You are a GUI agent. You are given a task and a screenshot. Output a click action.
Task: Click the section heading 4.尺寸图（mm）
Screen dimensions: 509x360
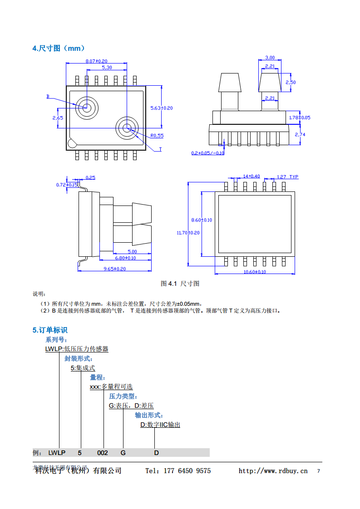59,49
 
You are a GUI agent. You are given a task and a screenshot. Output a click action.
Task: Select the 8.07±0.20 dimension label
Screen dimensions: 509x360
96,61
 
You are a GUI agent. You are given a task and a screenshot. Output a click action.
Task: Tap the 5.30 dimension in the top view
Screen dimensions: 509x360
107,67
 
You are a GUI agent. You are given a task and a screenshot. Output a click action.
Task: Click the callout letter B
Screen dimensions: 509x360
48,97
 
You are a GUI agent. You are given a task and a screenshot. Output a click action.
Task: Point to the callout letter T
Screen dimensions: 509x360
160,149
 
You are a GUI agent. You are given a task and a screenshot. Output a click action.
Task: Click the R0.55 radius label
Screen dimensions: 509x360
157,135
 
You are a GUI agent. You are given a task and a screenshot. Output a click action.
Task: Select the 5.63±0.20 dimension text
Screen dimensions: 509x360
162,108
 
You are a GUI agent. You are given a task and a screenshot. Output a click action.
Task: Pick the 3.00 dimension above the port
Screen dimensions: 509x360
270,58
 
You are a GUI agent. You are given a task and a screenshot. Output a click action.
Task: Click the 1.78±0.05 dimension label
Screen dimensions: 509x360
300,117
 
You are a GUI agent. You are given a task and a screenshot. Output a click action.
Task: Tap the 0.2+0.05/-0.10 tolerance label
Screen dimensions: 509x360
207,153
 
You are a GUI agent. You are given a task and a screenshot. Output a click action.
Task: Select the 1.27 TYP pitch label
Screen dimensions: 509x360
287,176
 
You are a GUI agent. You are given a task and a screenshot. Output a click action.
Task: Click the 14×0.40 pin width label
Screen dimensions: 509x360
252,176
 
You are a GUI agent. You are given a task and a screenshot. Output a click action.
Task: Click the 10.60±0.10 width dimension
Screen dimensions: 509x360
255,272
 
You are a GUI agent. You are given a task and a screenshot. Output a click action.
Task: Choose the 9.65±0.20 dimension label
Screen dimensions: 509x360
115,269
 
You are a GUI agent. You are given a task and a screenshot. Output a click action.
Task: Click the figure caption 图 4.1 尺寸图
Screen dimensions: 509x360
180,284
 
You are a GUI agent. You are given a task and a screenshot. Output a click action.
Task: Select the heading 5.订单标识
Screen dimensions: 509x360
50,330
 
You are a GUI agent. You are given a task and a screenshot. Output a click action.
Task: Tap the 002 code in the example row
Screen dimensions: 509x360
103,453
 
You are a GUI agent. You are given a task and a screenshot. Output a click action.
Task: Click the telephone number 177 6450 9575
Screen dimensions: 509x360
190,471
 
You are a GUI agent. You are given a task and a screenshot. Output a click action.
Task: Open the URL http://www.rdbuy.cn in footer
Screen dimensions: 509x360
273,471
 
